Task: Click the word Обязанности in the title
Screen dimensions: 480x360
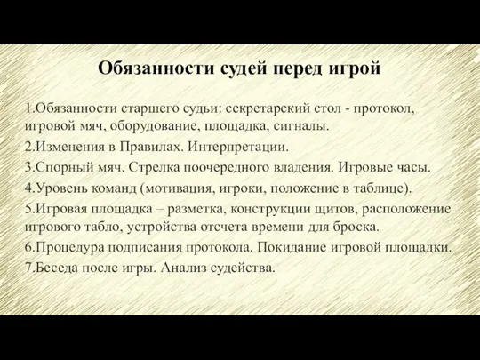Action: [156, 68]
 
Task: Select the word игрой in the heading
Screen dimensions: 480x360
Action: [355, 68]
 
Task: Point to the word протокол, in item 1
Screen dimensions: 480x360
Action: [384, 109]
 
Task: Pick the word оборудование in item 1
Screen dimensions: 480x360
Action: [154, 126]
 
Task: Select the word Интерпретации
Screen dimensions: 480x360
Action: [238, 147]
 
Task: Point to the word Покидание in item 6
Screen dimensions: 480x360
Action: [292, 247]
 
